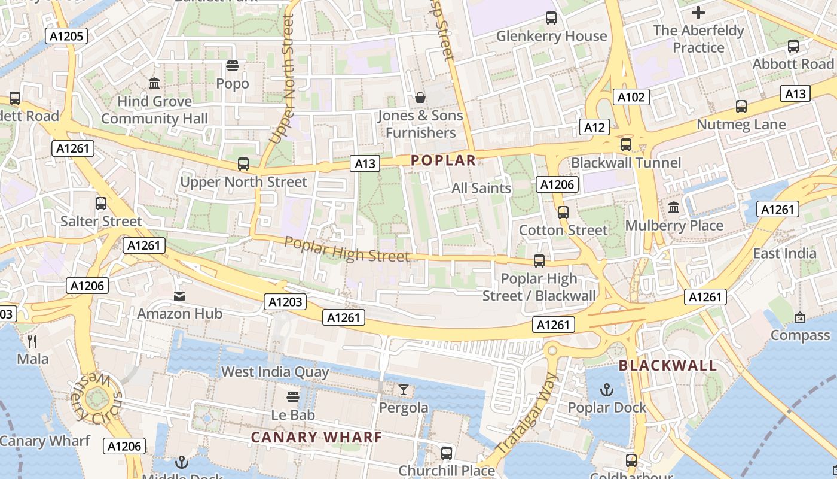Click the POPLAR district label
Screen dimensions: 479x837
coord(443,160)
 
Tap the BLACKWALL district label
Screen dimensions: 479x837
coord(667,365)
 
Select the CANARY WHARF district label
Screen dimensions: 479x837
coord(316,437)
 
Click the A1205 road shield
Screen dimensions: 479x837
coord(66,36)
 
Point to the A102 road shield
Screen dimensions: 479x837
coord(631,97)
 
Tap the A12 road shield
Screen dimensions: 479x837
coord(594,127)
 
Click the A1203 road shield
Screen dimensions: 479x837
coord(285,302)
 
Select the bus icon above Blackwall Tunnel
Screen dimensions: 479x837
coord(626,144)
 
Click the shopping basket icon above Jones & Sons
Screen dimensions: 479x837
coord(420,98)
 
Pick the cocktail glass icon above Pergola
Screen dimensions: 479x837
coord(404,390)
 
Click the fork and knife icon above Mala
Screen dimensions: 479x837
coord(32,341)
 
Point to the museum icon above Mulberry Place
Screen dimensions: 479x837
coord(674,208)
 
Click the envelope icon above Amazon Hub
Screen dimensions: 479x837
coord(179,296)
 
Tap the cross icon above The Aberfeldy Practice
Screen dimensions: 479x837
coord(698,12)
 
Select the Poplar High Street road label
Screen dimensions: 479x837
coord(347,250)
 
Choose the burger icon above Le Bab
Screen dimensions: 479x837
coord(293,397)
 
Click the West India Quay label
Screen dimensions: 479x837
coord(275,372)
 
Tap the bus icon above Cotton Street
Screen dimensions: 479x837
coord(563,212)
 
